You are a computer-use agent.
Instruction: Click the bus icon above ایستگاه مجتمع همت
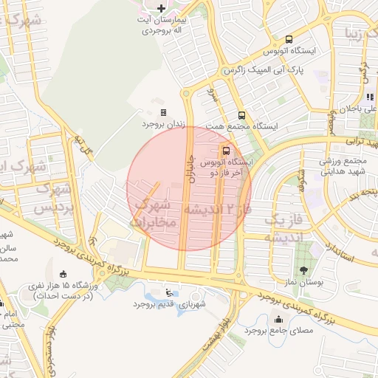coord(241,114)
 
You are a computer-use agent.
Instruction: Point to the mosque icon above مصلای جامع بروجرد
coord(278,319)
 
